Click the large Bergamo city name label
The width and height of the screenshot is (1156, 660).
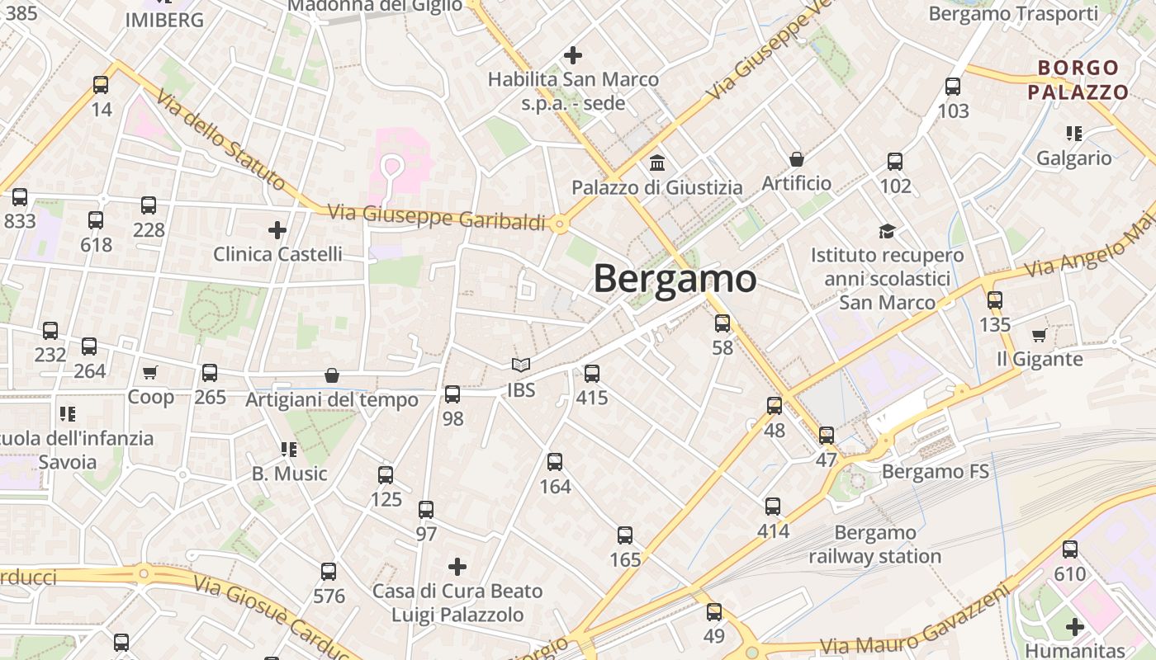tap(675, 279)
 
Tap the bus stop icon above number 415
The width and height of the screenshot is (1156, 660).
tap(592, 374)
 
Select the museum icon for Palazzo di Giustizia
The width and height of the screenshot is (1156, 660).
tap(657, 163)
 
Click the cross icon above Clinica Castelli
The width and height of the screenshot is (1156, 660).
tap(277, 229)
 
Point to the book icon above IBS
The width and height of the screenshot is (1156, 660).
tap(520, 365)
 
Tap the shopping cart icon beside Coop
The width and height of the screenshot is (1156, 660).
tap(149, 373)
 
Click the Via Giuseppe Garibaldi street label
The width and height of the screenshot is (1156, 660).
tap(437, 217)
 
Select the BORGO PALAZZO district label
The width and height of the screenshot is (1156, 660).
tap(1078, 80)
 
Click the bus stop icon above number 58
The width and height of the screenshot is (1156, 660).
tap(722, 323)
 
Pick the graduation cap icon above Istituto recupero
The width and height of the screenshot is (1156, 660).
tap(887, 231)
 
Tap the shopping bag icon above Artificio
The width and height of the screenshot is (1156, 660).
tap(797, 158)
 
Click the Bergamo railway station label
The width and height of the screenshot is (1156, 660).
tap(875, 544)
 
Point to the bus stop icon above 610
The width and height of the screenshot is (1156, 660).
tap(1070, 549)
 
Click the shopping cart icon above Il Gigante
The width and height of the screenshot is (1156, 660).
tap(1039, 335)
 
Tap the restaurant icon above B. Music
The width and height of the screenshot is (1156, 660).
tap(289, 450)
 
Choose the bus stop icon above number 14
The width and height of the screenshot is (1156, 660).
tap(101, 84)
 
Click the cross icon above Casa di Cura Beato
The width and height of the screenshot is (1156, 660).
tap(457, 567)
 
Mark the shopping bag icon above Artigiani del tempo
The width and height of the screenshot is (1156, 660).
tap(332, 376)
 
